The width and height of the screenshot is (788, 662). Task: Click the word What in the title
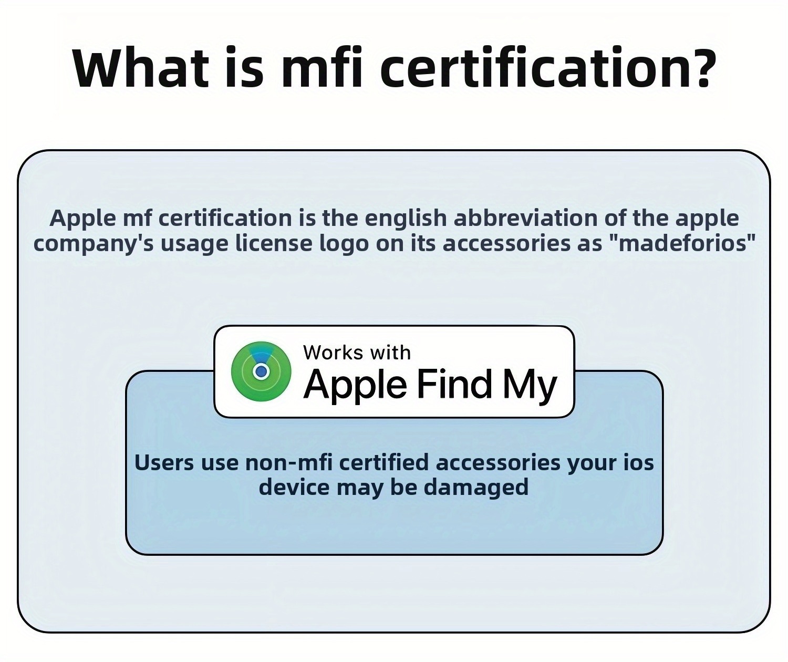pyautogui.click(x=141, y=67)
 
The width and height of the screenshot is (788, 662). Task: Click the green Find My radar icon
pyautogui.click(x=261, y=372)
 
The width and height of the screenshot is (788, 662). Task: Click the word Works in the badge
pyautogui.click(x=333, y=353)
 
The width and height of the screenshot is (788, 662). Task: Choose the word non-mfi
pyautogui.click(x=289, y=463)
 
